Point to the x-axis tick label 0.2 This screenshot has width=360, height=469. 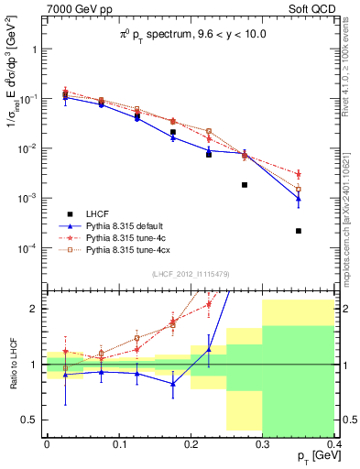pyautogui.click(x=191, y=444)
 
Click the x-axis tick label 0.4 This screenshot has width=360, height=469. pyautogui.click(x=334, y=444)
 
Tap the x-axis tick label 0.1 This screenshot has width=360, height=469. pyautogui.click(x=118, y=444)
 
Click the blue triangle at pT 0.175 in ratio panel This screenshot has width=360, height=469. pyautogui.click(x=172, y=384)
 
